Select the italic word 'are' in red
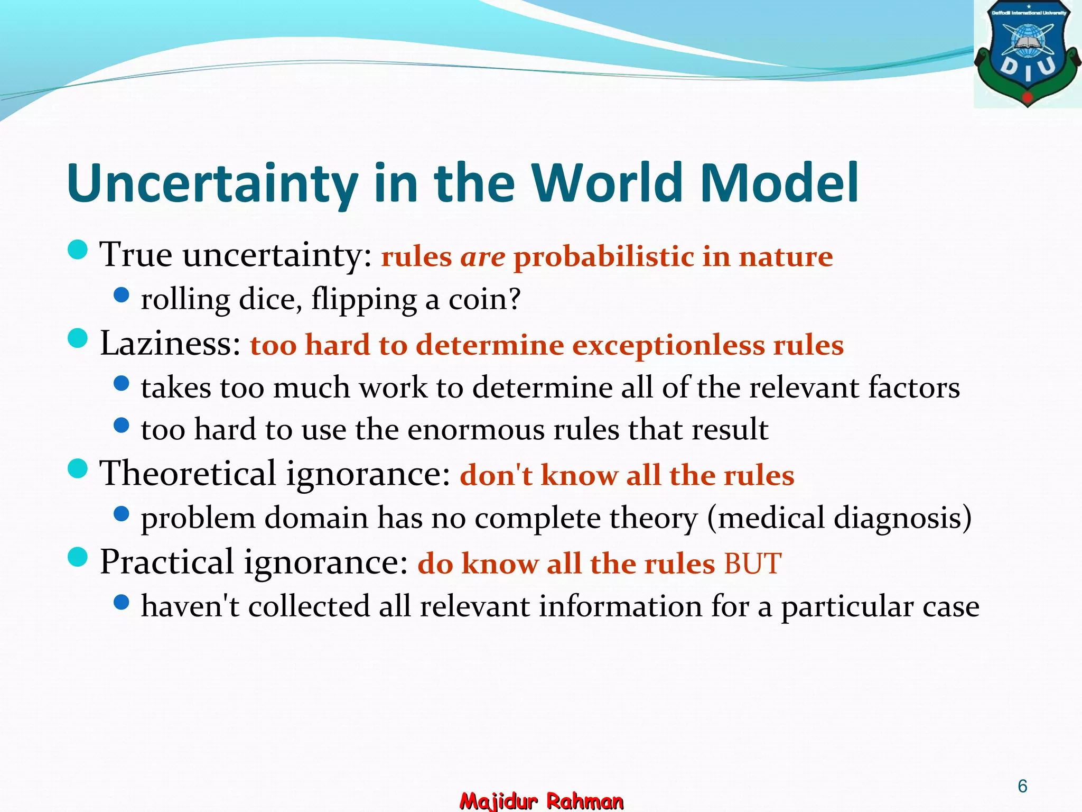[x=483, y=257]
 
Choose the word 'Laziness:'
[x=171, y=344]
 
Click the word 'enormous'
[x=476, y=429]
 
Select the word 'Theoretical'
[x=188, y=473]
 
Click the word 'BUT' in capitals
[x=753, y=564]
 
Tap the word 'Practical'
[x=166, y=562]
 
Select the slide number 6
[x=1022, y=786]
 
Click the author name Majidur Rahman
[x=542, y=801]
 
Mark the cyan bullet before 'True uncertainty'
[x=78, y=250]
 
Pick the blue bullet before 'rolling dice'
[x=122, y=295]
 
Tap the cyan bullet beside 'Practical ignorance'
[x=78, y=557]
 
